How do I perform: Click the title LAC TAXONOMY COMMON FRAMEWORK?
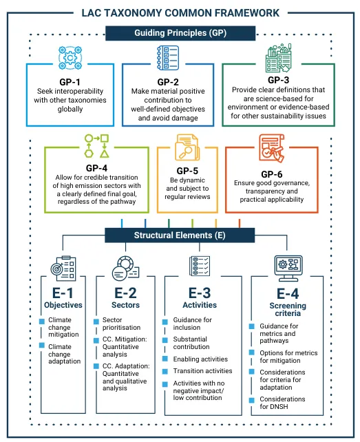pos(180,12)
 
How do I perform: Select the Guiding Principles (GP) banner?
pos(180,32)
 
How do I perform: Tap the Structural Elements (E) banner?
pos(180,235)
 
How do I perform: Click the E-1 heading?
pos(63,292)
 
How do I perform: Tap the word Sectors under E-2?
pos(126,304)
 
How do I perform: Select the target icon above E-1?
pos(63,268)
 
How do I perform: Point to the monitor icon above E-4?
pos(286,265)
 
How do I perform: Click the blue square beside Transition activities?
pos(166,371)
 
